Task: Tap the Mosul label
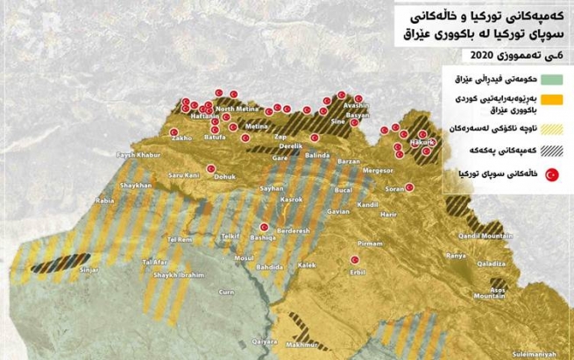coord(243,258)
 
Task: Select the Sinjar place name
coord(90,272)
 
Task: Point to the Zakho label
coord(182,138)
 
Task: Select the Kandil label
coord(367,204)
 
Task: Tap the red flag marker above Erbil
coord(354,259)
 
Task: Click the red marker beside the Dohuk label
coord(211,169)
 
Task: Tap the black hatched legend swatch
coord(551,152)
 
